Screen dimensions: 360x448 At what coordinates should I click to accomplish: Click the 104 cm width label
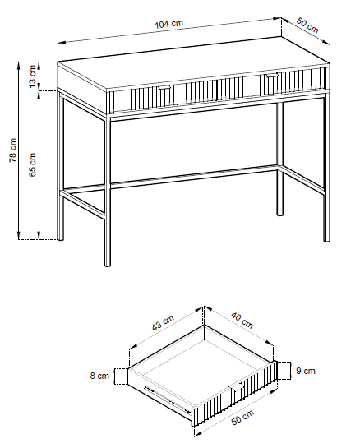[x=168, y=24]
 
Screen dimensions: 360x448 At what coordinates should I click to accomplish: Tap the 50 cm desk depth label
[x=307, y=25]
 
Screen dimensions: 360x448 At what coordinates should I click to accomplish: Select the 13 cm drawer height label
[x=33, y=76]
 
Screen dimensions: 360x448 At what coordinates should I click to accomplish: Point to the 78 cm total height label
[x=13, y=150]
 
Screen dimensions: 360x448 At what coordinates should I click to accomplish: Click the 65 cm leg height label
[x=32, y=164]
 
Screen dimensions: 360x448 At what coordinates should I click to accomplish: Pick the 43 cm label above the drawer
[x=163, y=323]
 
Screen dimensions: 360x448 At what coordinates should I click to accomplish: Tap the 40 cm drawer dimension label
[x=242, y=321]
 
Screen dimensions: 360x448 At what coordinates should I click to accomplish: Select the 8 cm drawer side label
[x=99, y=376]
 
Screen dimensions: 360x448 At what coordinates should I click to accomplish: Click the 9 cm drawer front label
[x=306, y=371]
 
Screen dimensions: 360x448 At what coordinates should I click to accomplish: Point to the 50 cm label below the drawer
[x=242, y=417]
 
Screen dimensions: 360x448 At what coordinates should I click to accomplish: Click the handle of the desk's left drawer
[x=164, y=87]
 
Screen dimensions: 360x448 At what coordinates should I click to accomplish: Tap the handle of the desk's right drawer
[x=272, y=76]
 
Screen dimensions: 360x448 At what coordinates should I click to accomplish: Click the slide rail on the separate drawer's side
[x=167, y=399]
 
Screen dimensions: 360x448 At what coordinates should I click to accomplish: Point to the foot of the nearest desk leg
[x=108, y=265]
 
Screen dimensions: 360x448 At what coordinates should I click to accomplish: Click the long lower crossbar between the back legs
[x=194, y=177]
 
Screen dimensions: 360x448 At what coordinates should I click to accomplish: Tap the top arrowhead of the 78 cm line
[x=19, y=65]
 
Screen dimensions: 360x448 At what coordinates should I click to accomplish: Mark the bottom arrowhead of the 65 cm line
[x=39, y=236]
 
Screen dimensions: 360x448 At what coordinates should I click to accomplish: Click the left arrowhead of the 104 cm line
[x=62, y=42]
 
